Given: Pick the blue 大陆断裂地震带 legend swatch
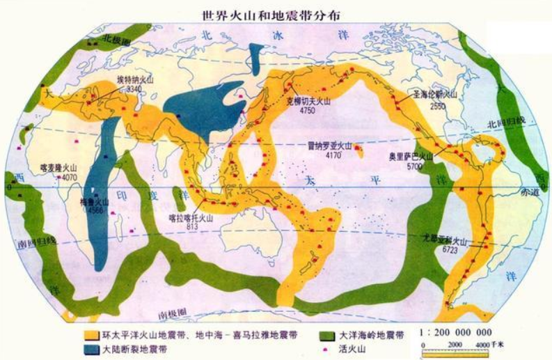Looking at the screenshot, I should coord(93,349).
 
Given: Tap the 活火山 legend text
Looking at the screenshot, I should coord(357,348).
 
